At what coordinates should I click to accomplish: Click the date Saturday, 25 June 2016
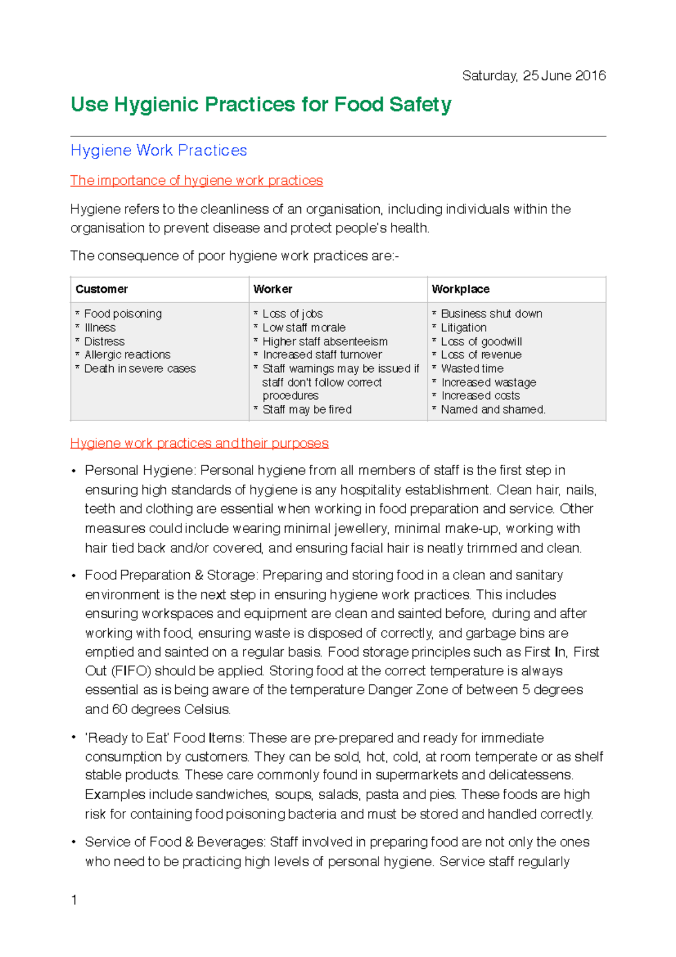(533, 76)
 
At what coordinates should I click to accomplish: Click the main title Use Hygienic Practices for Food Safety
(261, 105)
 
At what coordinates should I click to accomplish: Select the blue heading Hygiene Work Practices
(159, 150)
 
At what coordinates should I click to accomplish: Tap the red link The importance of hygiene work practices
(196, 180)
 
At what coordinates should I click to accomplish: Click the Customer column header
(101, 289)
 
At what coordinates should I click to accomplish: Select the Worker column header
(273, 289)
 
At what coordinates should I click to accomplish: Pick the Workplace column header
(460, 289)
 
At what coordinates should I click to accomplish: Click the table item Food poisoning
(123, 314)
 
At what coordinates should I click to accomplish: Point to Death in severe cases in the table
(140, 369)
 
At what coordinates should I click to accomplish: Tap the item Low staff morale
(304, 327)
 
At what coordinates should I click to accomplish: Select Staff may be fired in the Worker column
(307, 410)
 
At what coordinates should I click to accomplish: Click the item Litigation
(464, 327)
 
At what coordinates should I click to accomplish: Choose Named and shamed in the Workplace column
(493, 410)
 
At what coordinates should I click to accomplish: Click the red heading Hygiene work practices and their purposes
(199, 443)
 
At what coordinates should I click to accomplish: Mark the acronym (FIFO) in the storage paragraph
(131, 671)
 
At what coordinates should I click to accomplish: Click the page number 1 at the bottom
(74, 900)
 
